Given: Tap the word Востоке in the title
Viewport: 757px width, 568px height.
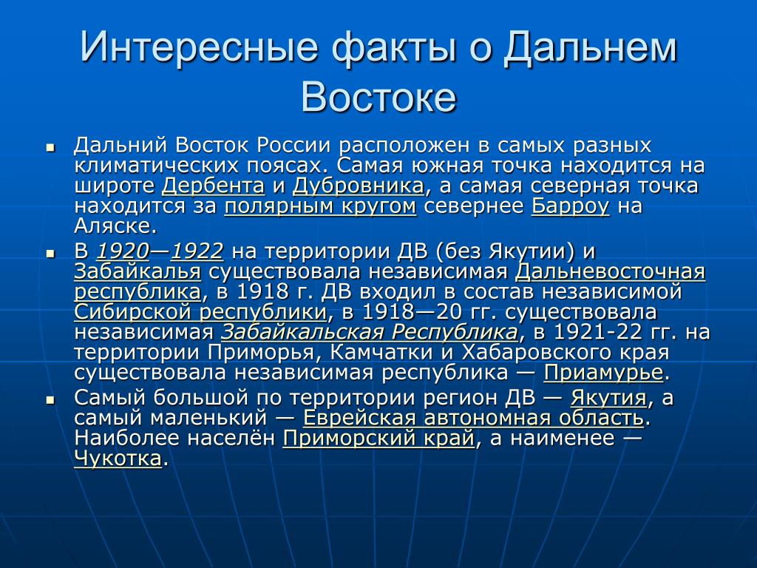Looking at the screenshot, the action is pos(378,97).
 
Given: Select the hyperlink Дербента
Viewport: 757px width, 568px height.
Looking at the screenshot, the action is pos(214,186).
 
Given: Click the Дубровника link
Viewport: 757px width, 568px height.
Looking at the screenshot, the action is pos(359,186).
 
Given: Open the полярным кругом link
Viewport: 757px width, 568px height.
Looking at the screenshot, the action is pos(321,206).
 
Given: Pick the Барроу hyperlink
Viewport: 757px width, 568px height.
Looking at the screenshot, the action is pos(571,206).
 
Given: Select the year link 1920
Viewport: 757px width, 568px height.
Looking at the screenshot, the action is pos(123,251).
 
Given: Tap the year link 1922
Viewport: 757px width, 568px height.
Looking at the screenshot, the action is pos(197,251).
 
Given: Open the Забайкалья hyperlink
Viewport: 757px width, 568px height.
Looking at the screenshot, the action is pos(138,271).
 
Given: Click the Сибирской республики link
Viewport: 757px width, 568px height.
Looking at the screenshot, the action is pos(200,312).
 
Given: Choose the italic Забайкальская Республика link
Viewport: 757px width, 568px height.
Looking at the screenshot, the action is pos(370,332).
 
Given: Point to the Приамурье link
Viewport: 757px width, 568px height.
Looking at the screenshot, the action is pos(603,373).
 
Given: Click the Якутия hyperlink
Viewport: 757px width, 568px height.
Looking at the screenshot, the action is pos(608,398).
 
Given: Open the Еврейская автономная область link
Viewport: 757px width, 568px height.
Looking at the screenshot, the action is pos(474,418).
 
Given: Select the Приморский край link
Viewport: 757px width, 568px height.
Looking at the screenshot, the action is pos(378,439).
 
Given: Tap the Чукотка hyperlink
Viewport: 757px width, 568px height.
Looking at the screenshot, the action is pos(118,459).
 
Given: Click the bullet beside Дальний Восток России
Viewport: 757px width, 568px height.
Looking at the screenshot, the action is pos(50,147).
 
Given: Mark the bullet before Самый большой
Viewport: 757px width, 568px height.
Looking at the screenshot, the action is pos(50,400).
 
